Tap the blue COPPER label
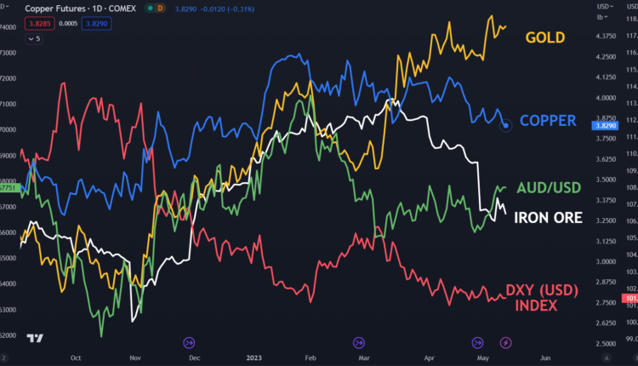[x=548, y=121]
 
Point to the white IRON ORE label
[x=549, y=219]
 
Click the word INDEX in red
[x=537, y=306]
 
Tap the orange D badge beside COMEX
[x=160, y=8]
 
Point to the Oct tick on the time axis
[x=76, y=358]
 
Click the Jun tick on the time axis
[x=545, y=358]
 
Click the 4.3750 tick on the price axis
[x=607, y=37]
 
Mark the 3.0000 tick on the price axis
[x=607, y=262]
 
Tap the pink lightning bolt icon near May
[x=506, y=342]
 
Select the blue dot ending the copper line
[x=506, y=126]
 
